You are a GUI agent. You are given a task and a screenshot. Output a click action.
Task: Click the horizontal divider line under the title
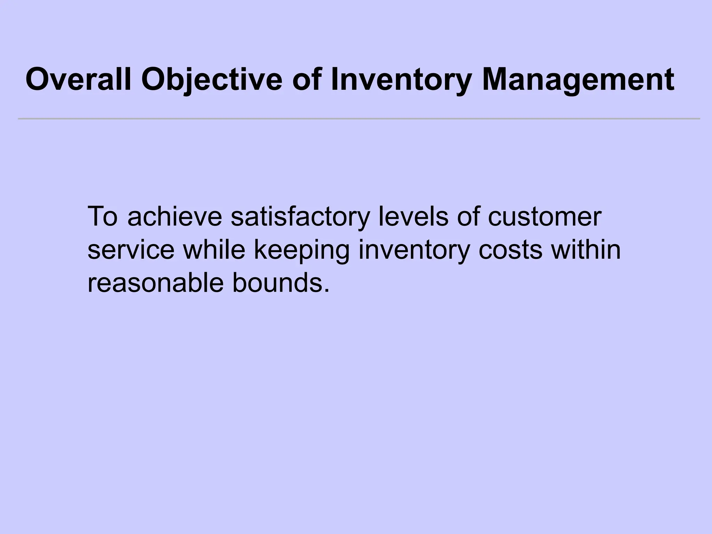pyautogui.click(x=359, y=119)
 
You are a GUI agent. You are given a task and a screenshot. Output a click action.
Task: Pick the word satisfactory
pyautogui.click(x=299, y=217)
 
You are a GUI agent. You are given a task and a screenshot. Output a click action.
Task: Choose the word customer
pyautogui.click(x=544, y=216)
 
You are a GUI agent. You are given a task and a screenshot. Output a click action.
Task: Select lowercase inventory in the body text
pyautogui.click(x=414, y=250)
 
